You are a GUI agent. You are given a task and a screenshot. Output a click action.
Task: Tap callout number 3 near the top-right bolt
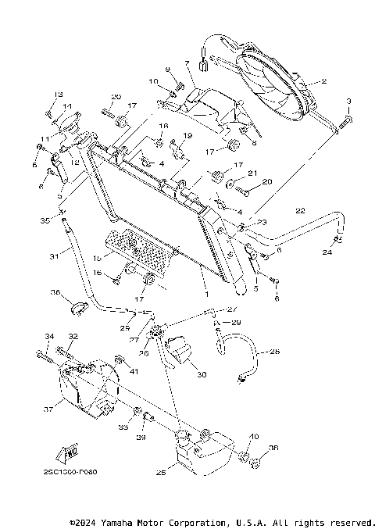[x=348, y=102]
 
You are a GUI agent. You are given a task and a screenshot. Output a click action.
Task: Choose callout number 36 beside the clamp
[x=56, y=293]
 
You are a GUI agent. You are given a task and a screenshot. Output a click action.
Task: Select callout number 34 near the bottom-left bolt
[x=48, y=337]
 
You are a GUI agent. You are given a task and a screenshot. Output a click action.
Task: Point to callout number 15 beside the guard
[x=97, y=256]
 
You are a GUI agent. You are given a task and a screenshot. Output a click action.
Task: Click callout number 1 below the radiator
[x=205, y=295]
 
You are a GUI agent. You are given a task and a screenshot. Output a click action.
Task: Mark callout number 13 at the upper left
[x=58, y=95]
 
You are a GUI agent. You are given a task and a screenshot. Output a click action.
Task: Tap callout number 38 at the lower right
[x=273, y=449]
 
